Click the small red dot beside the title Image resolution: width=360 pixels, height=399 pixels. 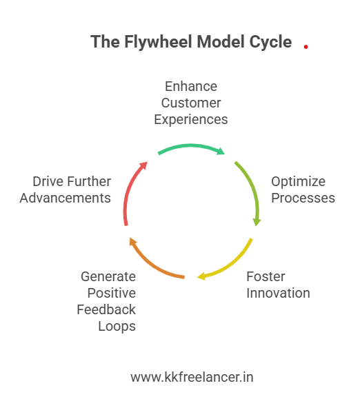click(x=306, y=47)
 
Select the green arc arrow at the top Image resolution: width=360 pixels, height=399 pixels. click(x=191, y=147)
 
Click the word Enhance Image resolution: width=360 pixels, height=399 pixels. click(x=191, y=87)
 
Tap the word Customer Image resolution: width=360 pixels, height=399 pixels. click(x=191, y=103)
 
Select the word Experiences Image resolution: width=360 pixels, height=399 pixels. click(x=191, y=119)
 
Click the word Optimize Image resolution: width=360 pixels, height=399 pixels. click(x=298, y=182)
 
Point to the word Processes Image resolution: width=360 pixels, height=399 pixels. click(x=303, y=198)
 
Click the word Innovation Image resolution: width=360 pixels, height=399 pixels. click(x=279, y=293)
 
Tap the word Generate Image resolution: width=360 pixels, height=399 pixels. click(x=108, y=277)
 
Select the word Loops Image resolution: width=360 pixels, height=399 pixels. click(x=117, y=326)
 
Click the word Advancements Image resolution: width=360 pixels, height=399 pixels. click(x=66, y=198)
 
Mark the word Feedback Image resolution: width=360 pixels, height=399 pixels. click(x=106, y=309)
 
